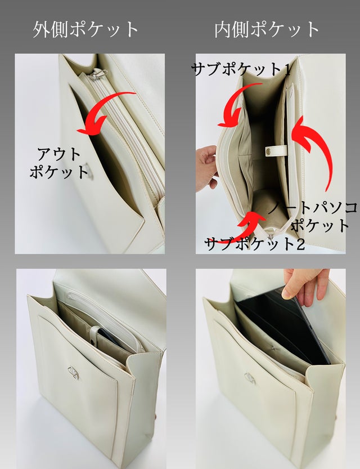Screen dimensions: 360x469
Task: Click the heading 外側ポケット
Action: (85, 30)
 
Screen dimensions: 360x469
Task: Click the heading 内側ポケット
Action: (267, 30)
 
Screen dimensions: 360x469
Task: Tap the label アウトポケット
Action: (59, 163)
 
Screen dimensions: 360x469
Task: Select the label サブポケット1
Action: (241, 70)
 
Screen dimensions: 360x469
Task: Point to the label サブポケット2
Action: (255, 244)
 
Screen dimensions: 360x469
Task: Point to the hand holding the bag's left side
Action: (206, 168)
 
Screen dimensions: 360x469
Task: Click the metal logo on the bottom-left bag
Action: (73, 373)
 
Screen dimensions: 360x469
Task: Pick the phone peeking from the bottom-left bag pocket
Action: (109, 337)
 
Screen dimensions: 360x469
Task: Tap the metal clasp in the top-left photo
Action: (88, 171)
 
